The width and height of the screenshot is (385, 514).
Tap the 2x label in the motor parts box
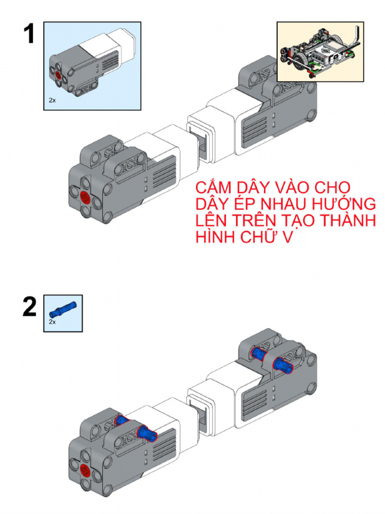coord(52,100)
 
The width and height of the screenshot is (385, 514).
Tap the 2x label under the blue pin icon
coord(53,322)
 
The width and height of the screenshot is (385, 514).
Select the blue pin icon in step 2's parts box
coord(64,307)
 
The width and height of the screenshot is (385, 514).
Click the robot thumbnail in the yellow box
coord(320,52)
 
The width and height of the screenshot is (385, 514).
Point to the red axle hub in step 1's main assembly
coord(85,196)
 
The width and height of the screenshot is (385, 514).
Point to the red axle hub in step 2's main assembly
coord(85,470)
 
